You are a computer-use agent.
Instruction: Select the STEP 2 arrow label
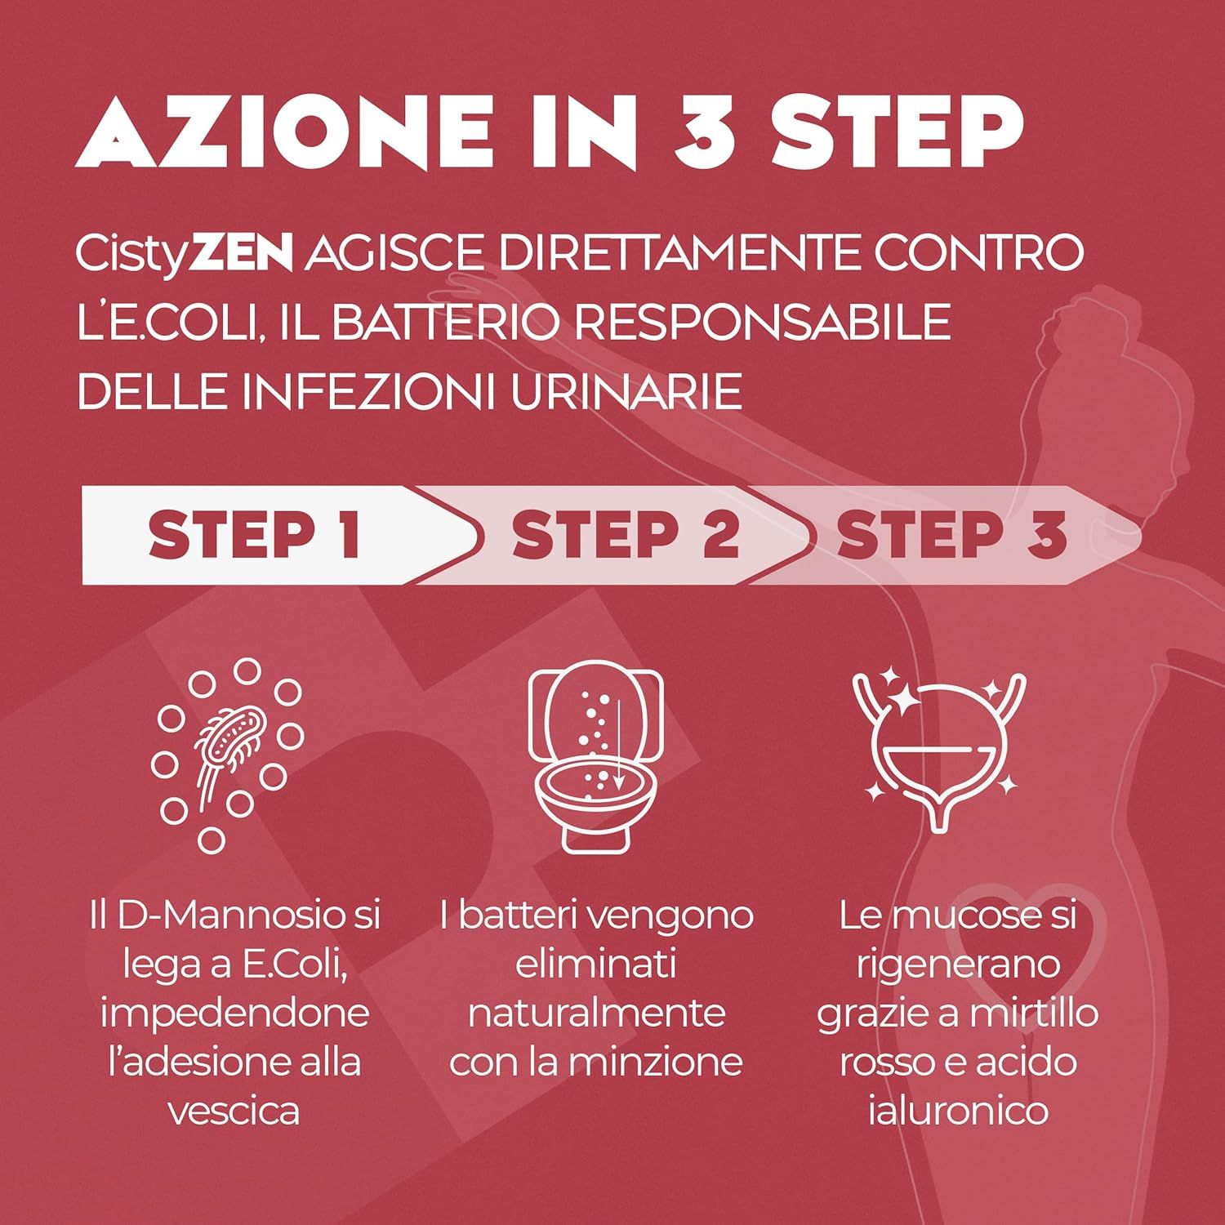point(625,536)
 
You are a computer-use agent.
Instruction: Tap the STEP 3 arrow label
point(951,536)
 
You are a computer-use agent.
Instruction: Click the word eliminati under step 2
point(595,964)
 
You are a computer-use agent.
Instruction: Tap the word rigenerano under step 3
point(958,964)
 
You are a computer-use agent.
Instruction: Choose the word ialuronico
point(958,1111)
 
